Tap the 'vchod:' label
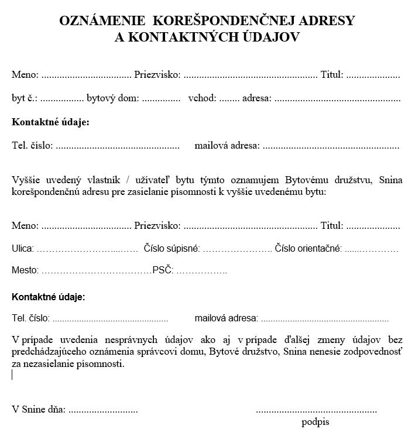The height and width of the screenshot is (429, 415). (x=203, y=98)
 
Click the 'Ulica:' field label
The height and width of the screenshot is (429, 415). (x=23, y=249)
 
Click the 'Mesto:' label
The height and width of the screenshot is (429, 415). (x=25, y=270)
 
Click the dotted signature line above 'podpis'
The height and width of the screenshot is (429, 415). (x=317, y=410)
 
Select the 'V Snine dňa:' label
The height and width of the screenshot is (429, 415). (x=39, y=410)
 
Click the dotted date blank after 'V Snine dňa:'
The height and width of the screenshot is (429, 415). (x=103, y=410)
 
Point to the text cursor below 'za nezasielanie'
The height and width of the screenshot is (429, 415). (x=12, y=374)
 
